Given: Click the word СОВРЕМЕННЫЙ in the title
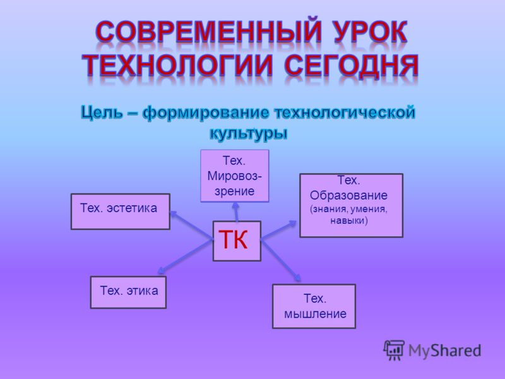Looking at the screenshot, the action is point(208,32).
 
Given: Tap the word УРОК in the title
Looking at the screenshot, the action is point(371,32).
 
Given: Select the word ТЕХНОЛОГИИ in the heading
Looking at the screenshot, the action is point(177,66).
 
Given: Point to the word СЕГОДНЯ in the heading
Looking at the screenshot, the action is point(352,66).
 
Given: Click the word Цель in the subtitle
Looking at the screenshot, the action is point(102,113).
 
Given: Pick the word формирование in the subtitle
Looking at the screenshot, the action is point(206,113).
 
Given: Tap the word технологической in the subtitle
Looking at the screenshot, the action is point(345,112).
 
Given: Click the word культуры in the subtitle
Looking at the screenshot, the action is point(248,133).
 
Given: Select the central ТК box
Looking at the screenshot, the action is point(237,241).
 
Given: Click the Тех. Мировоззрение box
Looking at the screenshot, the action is point(234,176).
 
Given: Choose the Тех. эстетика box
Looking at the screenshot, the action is point(121,212).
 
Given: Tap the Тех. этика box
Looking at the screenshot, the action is point(128,292).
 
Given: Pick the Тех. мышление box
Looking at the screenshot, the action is point(314,306).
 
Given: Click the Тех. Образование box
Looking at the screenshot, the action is point(352,206).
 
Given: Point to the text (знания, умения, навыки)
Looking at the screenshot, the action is point(349,215).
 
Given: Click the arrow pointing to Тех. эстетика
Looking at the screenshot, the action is point(191,226).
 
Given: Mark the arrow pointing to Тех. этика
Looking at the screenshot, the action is point(185,257).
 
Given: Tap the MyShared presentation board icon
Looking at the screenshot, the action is point(394,350).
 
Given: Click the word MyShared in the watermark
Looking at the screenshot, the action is point(445,351).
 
